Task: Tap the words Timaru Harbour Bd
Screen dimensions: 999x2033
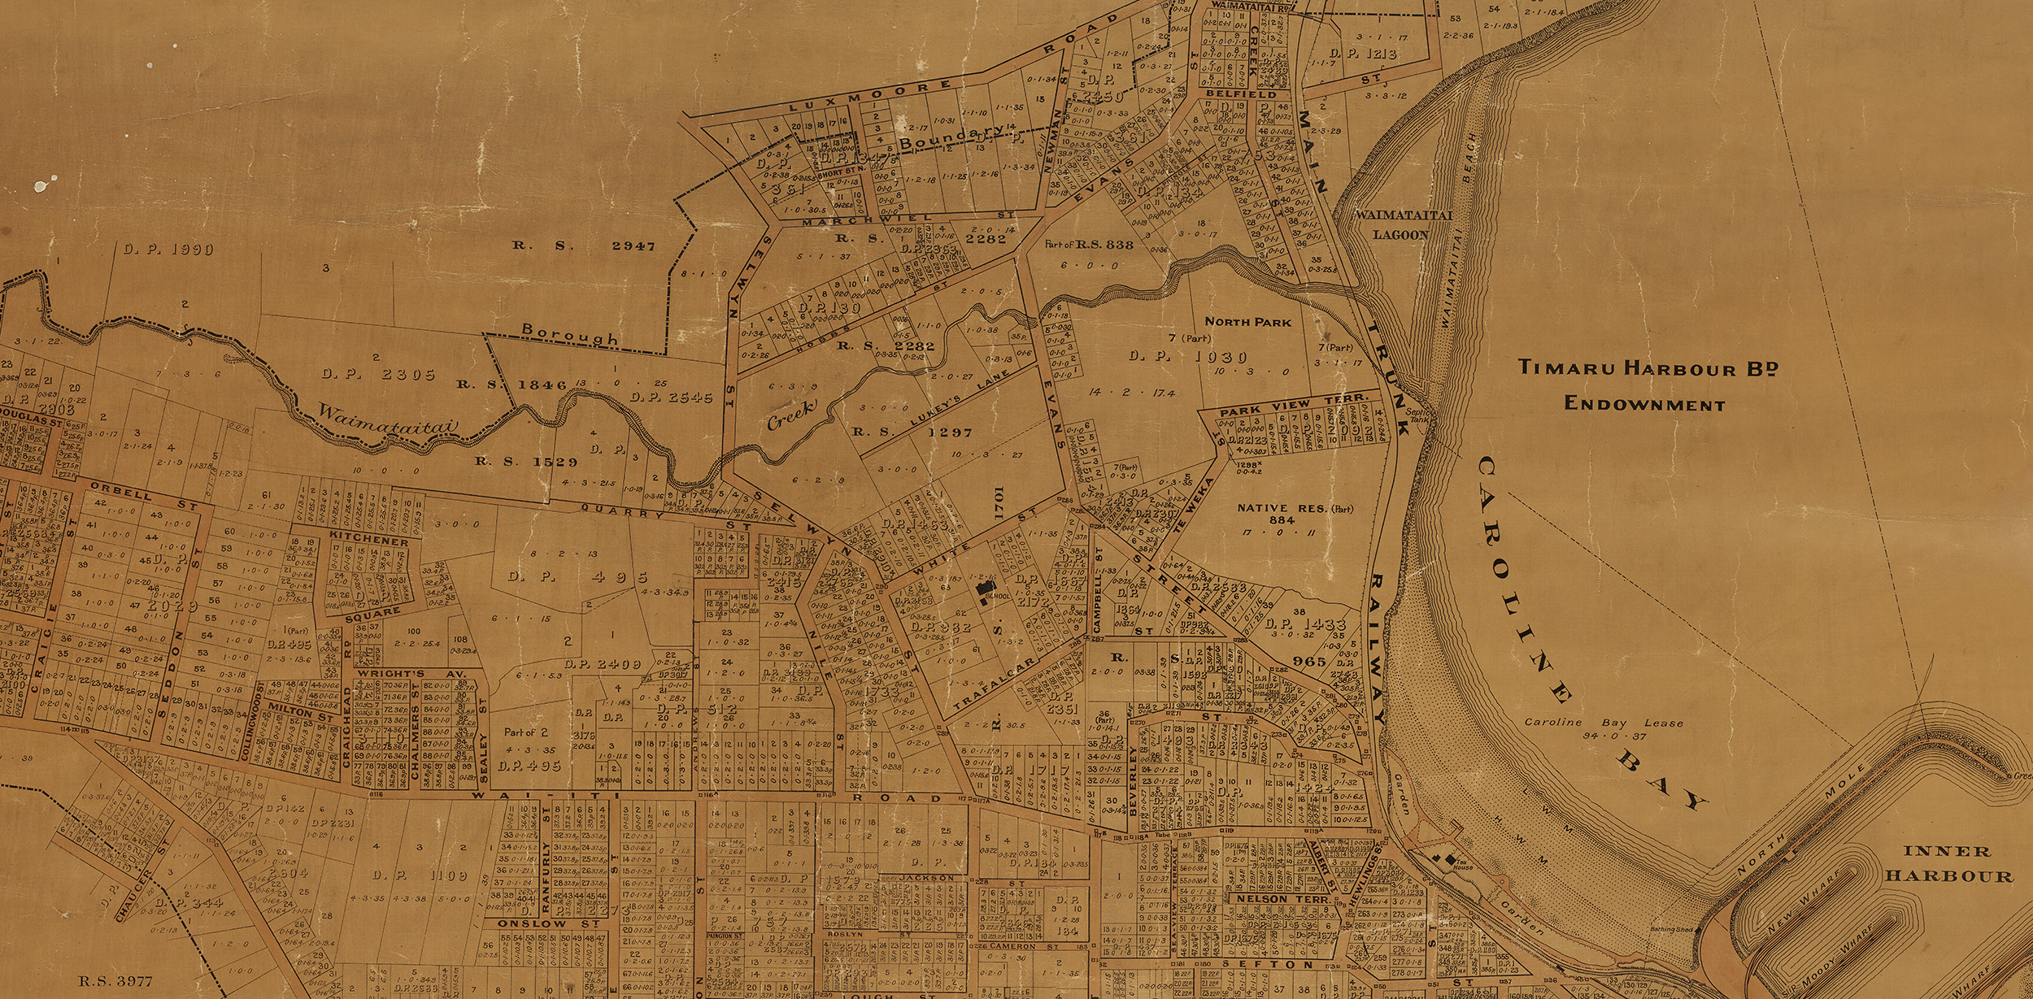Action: click(x=1648, y=367)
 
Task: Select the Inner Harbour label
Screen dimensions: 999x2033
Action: click(x=1948, y=863)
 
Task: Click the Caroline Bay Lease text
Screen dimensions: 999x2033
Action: click(x=1603, y=728)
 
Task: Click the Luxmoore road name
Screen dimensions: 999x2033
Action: click(x=871, y=96)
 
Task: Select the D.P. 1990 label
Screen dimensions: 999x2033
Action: click(x=168, y=250)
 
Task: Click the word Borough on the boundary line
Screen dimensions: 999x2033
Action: click(x=569, y=334)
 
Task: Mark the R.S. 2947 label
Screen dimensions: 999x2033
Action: click(x=583, y=245)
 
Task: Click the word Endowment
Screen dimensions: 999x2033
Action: click(x=1644, y=404)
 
